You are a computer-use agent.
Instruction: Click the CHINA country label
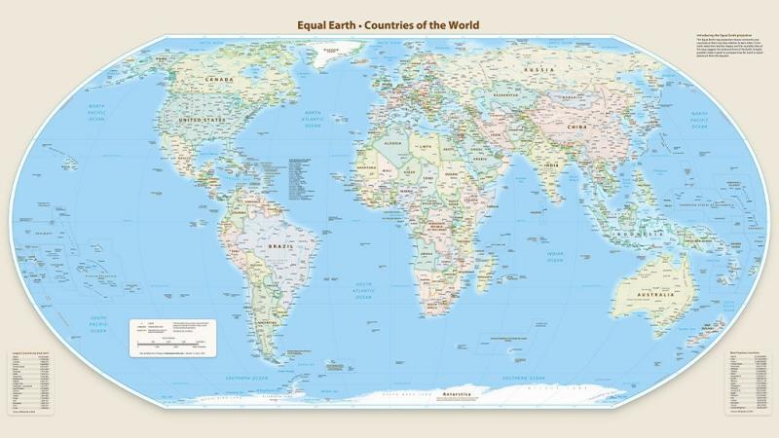pyautogui.click(x=576, y=128)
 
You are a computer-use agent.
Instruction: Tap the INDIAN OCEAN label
pyautogui.click(x=554, y=257)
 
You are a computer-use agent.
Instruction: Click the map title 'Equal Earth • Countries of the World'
pyautogui.click(x=389, y=25)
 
